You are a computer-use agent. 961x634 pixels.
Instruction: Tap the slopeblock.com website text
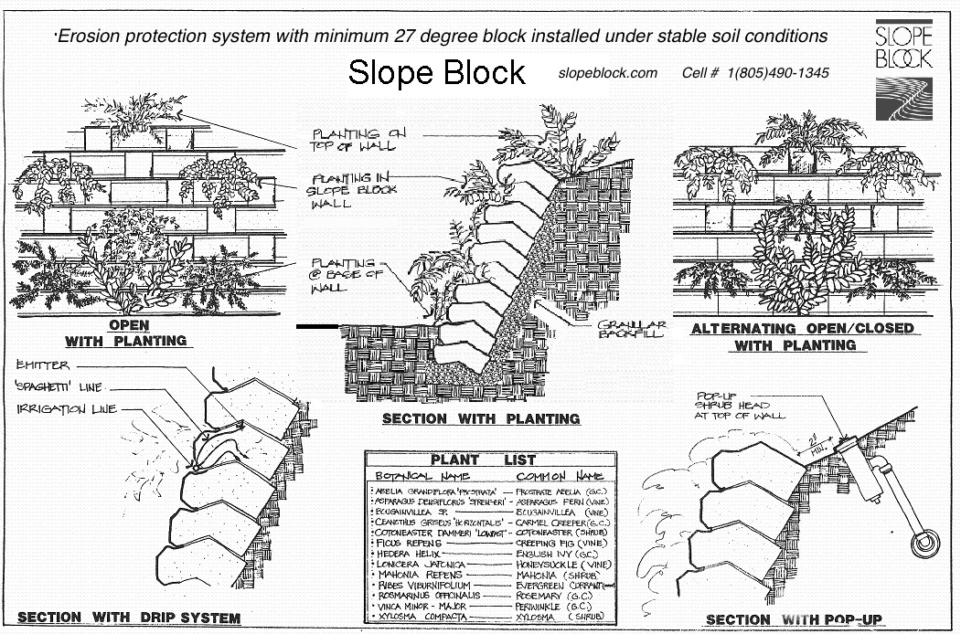(x=607, y=74)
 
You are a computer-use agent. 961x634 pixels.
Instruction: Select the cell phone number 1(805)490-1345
(x=755, y=74)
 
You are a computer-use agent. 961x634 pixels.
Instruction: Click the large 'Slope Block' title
(x=437, y=73)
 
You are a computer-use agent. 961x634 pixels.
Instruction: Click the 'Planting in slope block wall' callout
(x=347, y=191)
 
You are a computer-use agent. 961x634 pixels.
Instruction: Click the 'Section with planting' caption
(x=481, y=418)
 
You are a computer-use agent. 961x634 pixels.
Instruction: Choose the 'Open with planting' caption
(x=125, y=333)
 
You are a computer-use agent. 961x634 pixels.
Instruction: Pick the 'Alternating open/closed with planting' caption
(x=802, y=336)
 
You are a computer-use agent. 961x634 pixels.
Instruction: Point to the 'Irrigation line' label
(x=66, y=409)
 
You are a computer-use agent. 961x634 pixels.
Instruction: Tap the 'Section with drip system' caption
(x=128, y=618)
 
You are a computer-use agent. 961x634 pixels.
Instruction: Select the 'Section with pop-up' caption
(x=794, y=620)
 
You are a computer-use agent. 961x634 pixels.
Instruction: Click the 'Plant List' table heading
(x=483, y=460)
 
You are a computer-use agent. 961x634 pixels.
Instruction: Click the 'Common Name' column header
(x=560, y=476)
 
